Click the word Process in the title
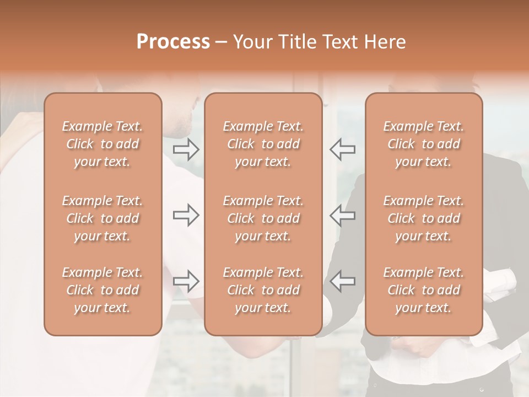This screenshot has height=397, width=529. tap(173, 42)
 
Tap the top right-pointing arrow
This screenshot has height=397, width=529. tap(186, 149)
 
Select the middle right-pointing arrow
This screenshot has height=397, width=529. tap(186, 215)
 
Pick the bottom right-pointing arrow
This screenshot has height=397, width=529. tap(186, 281)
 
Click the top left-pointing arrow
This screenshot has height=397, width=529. tap(343, 149)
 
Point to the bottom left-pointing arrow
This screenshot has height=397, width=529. tap(343, 281)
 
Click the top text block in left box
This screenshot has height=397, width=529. tap(102, 144)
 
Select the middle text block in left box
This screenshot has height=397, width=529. tap(102, 218)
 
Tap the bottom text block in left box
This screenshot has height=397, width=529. tap(102, 290)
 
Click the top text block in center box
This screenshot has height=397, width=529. tap(263, 144)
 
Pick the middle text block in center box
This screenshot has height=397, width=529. tap(263, 218)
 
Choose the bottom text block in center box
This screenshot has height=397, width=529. tap(263, 290)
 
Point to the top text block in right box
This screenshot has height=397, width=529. tap(424, 144)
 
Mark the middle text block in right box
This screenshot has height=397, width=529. tap(424, 218)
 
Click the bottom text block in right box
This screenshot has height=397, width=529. tap(424, 290)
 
